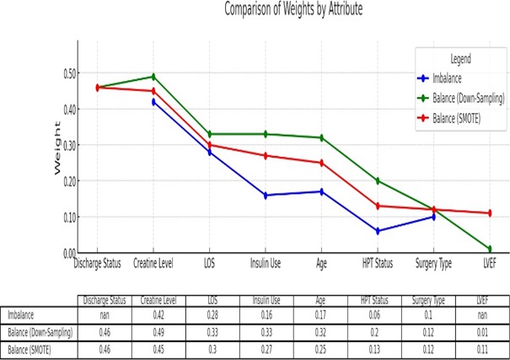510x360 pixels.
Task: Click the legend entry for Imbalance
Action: point(453,78)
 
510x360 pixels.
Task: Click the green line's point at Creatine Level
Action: point(153,77)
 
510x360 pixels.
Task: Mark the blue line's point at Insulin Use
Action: point(265,195)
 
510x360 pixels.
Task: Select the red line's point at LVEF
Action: point(489,213)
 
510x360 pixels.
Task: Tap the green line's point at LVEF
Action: point(489,249)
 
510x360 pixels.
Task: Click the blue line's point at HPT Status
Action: point(377,231)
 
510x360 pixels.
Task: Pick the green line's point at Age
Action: point(321,137)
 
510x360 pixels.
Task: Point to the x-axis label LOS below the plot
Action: point(208,264)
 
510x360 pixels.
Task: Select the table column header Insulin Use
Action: point(265,300)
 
